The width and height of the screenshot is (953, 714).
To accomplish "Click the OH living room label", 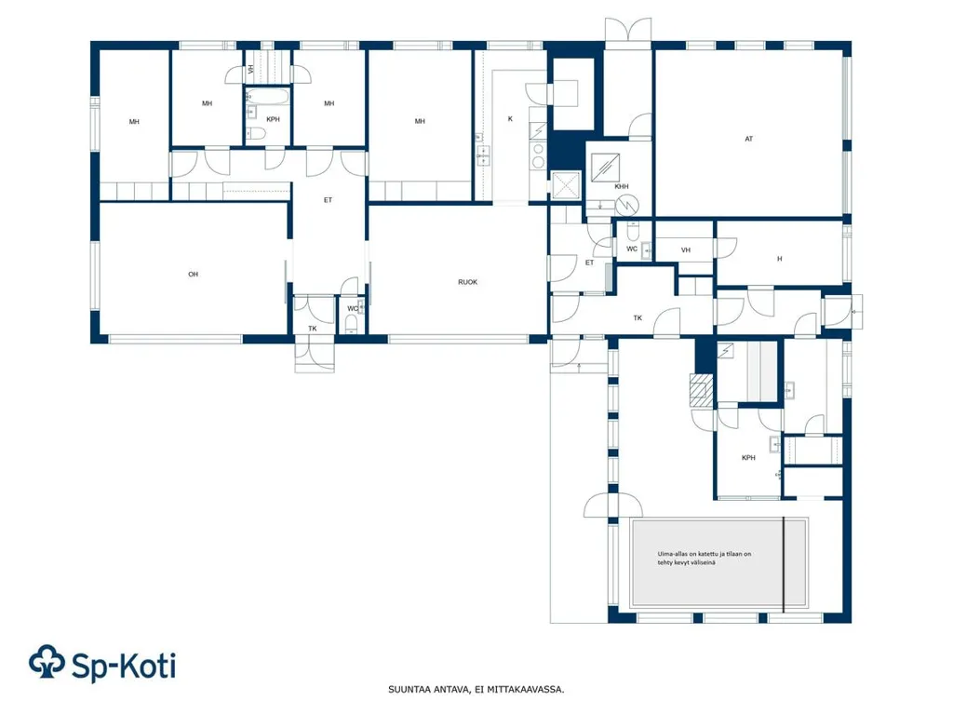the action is (x=194, y=275).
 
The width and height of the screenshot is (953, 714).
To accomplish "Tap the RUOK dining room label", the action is (x=467, y=282).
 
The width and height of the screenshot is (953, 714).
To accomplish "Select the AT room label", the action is (x=749, y=140).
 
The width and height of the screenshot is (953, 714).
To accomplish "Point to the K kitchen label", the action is (x=510, y=119).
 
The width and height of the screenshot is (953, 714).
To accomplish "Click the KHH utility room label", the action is (x=621, y=187).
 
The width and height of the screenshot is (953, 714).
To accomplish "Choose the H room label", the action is (x=780, y=259).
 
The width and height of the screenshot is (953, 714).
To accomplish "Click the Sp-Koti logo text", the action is (x=124, y=666).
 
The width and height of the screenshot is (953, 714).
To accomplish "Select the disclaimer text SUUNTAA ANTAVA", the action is (x=428, y=690).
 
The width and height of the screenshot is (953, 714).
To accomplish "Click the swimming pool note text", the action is (x=704, y=559).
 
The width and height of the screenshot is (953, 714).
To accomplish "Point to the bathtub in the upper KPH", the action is (x=267, y=97).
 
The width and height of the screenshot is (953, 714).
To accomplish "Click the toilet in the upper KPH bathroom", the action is (x=256, y=134).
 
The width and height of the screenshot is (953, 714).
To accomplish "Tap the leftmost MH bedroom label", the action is (x=134, y=122).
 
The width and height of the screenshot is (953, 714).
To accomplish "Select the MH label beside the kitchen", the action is (x=420, y=122).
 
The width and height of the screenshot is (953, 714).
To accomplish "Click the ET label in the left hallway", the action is (x=328, y=200).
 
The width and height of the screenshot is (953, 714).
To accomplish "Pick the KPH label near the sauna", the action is (x=748, y=458).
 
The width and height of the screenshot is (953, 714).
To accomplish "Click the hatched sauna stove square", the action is (x=702, y=390).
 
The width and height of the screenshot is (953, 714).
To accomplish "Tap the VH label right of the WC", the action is (x=686, y=250).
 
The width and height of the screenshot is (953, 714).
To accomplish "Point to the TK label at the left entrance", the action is (x=313, y=329).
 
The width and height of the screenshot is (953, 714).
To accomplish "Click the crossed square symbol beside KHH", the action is (x=565, y=185).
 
